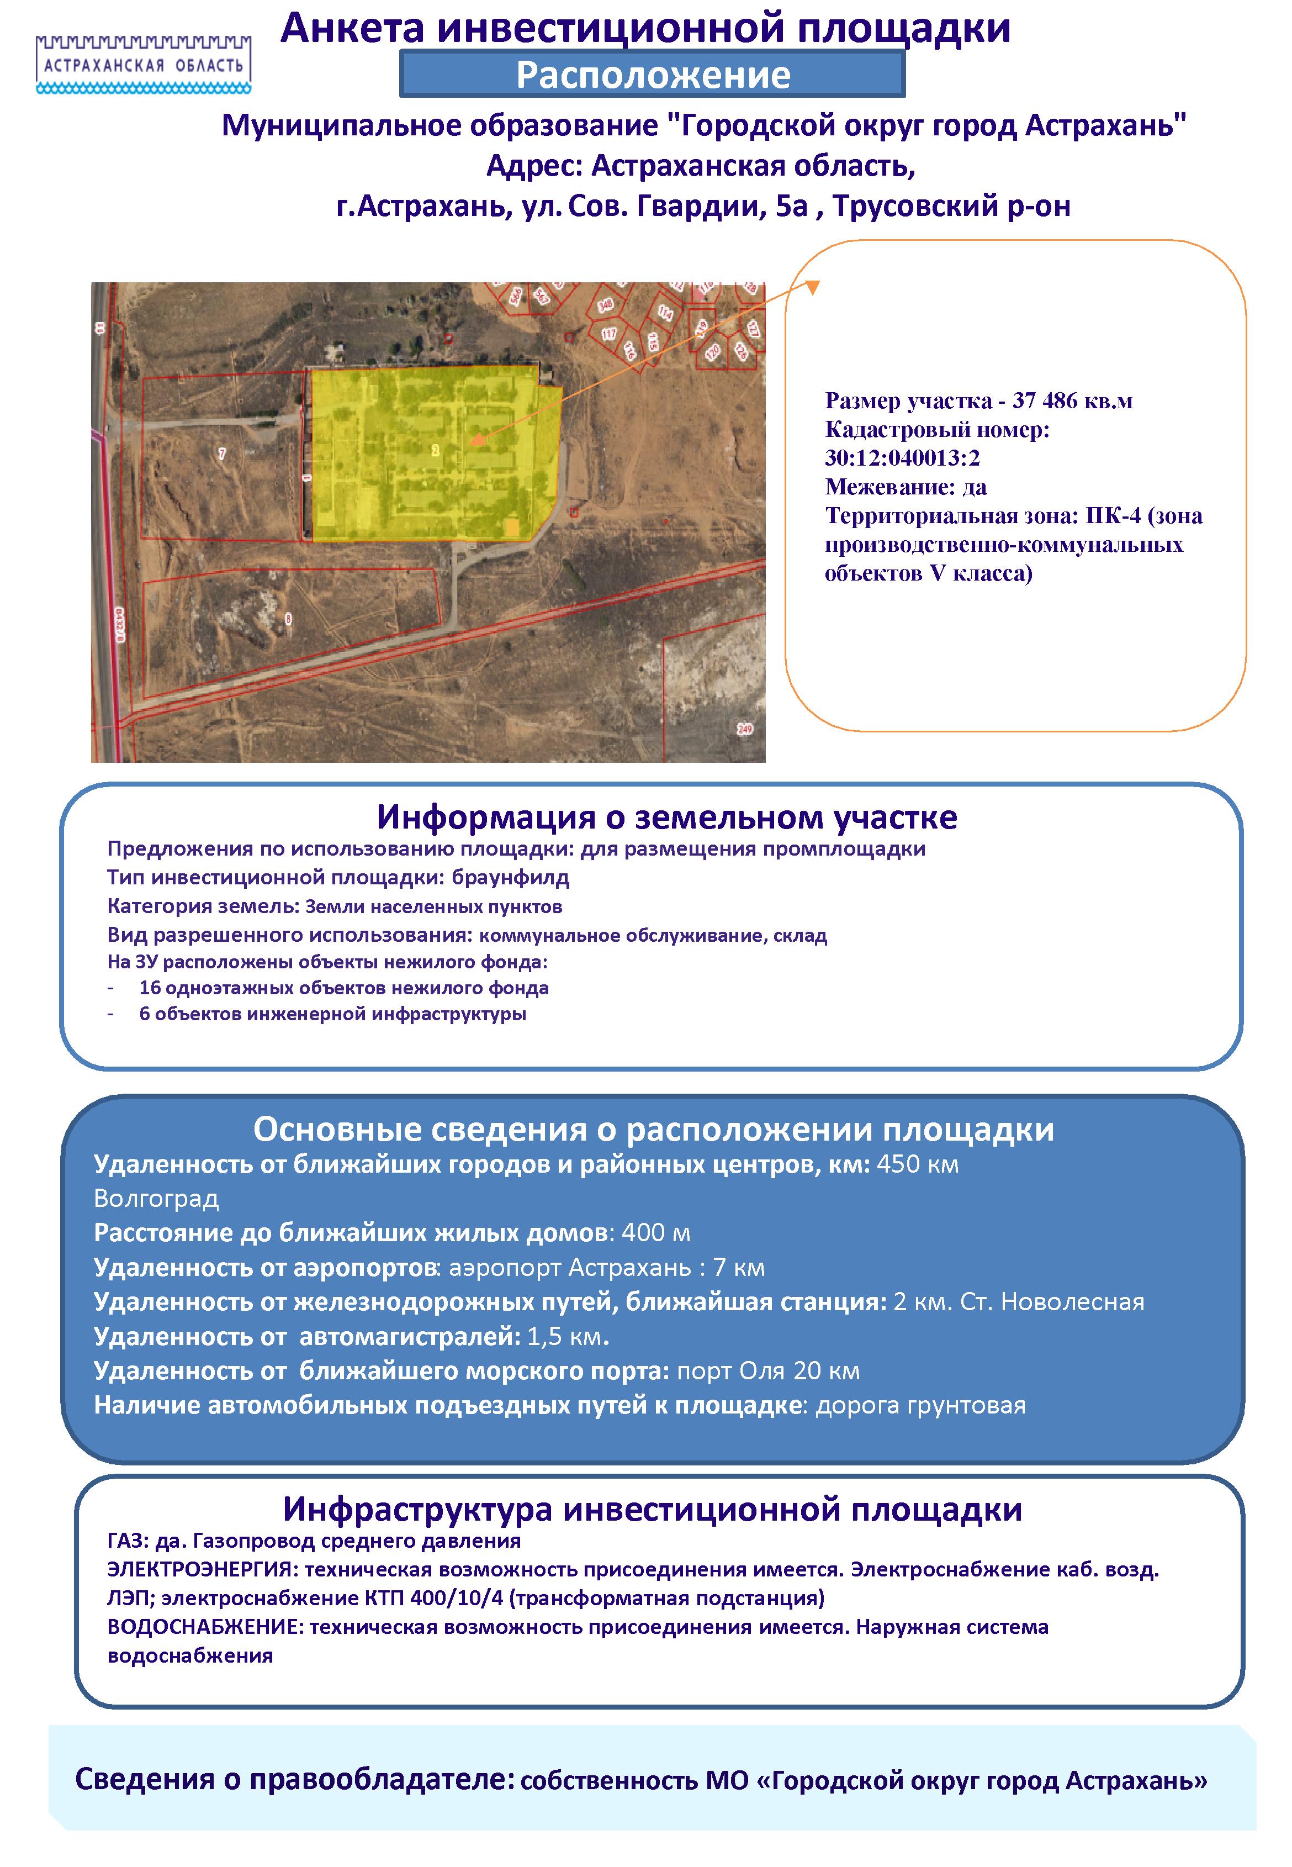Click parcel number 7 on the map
[223, 453]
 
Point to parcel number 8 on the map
[289, 619]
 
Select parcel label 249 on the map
[744, 729]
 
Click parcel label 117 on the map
[609, 334]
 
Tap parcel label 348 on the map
[605, 305]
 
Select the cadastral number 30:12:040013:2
[902, 458]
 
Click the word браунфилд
[510, 878]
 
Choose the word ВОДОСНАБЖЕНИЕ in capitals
[205, 1627]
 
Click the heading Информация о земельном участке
[666, 818]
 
